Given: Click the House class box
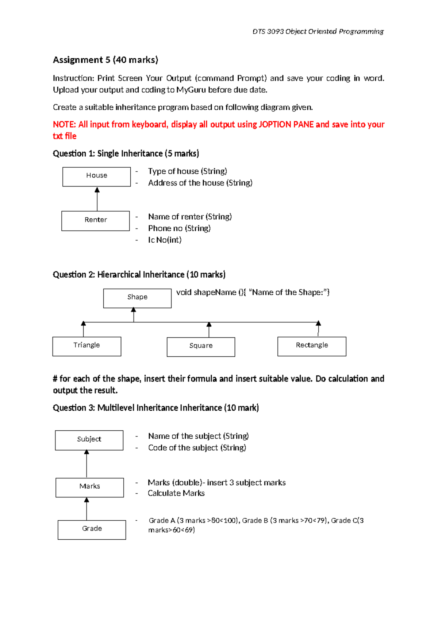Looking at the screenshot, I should (x=96, y=177).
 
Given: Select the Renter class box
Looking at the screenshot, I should (x=95, y=221).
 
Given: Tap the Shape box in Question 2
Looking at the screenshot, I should (x=137, y=298).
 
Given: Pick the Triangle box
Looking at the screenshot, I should (x=87, y=346).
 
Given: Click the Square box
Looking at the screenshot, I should (x=201, y=347).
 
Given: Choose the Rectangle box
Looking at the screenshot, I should (x=312, y=346).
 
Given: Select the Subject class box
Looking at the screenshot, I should (x=89, y=440).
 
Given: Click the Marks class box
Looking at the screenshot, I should (x=89, y=487).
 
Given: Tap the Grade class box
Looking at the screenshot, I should (x=92, y=529).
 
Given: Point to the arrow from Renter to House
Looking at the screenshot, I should (x=97, y=200).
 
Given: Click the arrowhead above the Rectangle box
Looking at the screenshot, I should (x=318, y=324).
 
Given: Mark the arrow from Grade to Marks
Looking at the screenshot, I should (x=87, y=509).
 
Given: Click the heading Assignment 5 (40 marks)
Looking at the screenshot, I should (x=105, y=60).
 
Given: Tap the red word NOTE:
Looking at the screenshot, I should (x=64, y=125).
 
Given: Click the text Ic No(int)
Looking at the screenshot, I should (x=165, y=240).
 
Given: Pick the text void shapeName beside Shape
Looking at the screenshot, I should (x=206, y=292).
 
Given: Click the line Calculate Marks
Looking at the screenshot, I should (x=176, y=493).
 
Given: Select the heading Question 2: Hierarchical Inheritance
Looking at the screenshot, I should (x=139, y=274).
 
